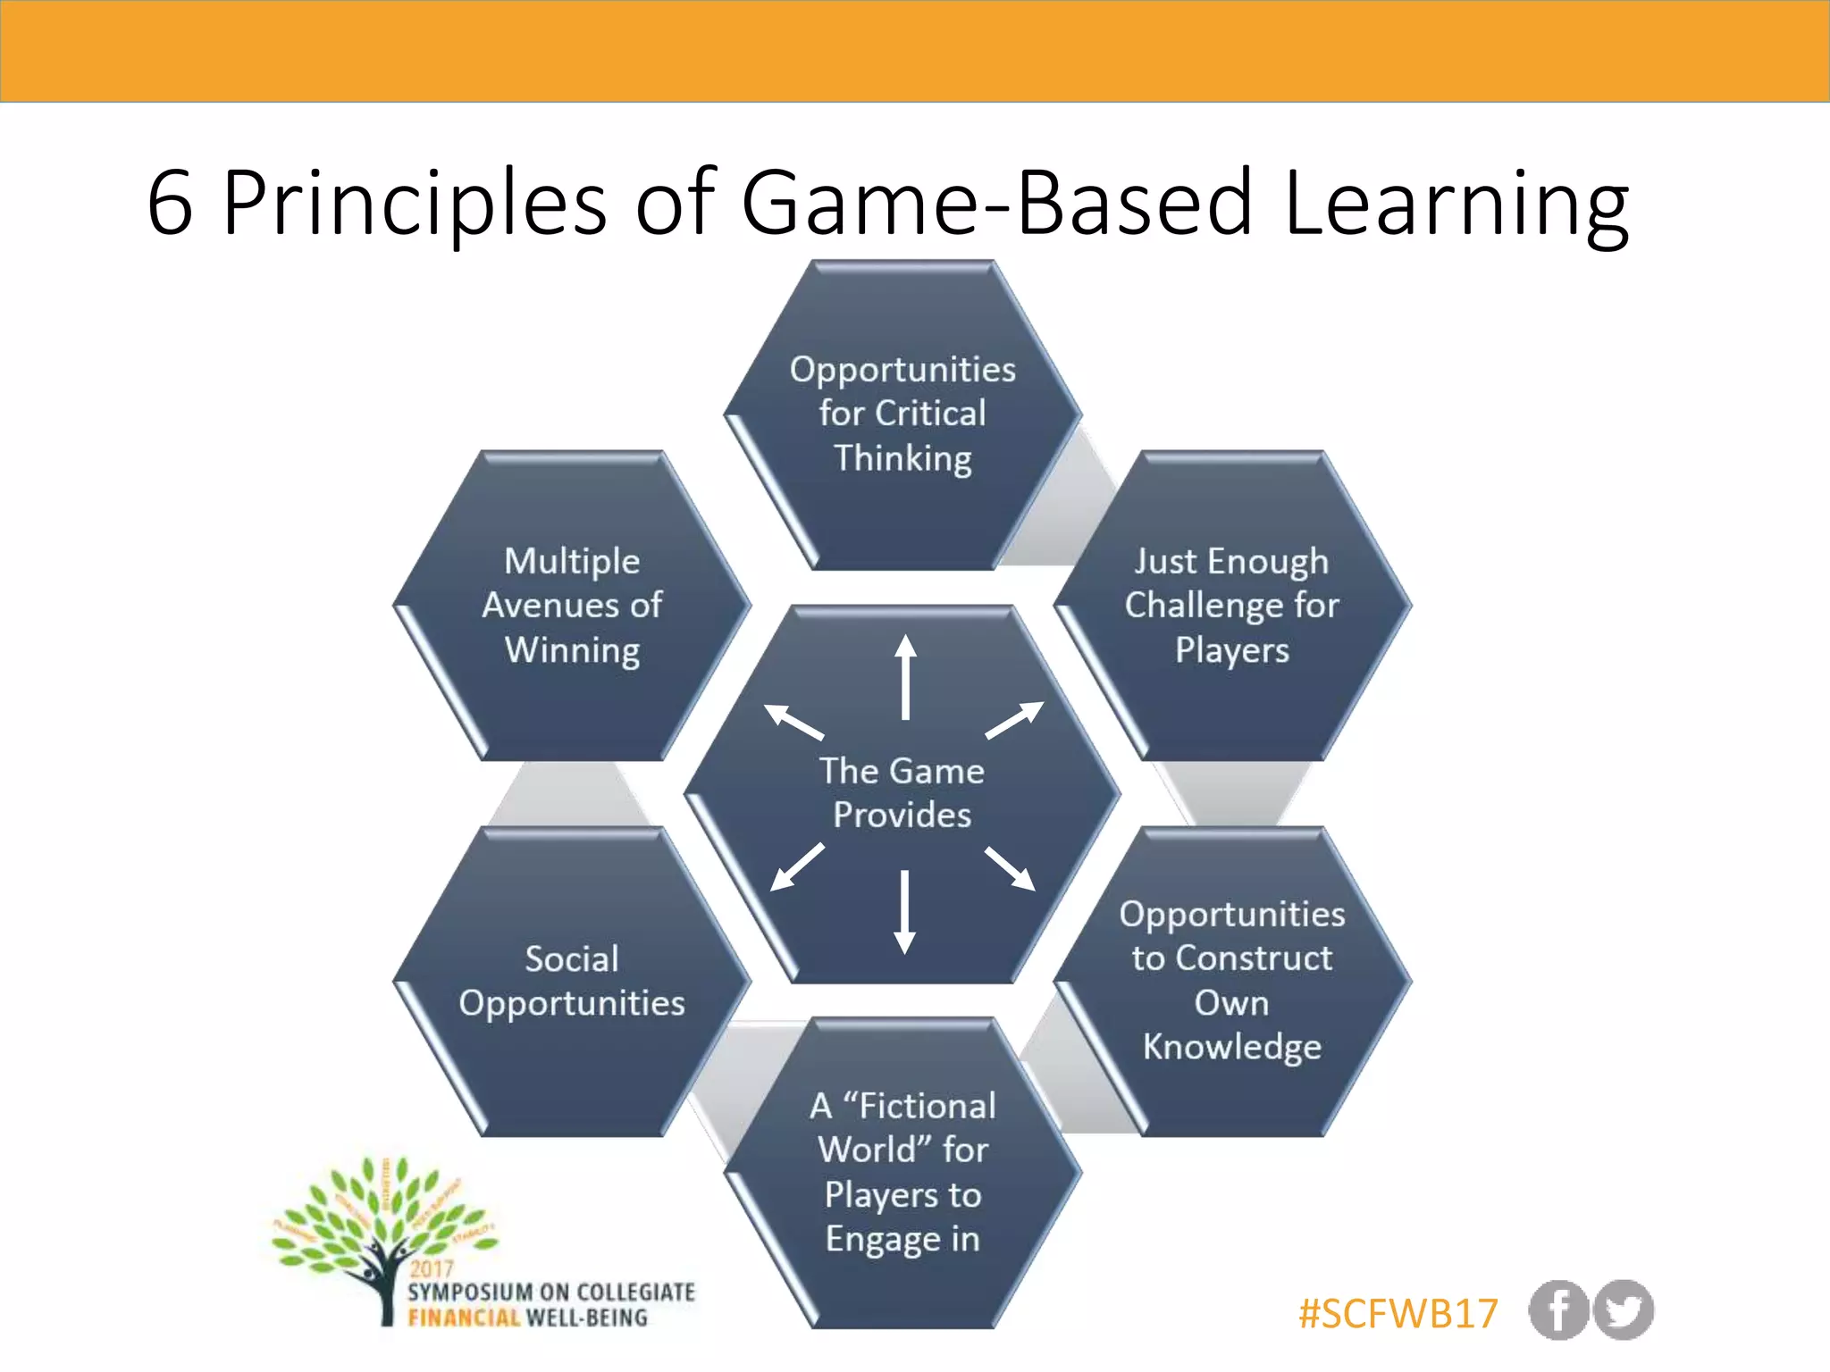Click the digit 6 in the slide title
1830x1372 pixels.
click(170, 204)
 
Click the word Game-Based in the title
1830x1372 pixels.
click(996, 204)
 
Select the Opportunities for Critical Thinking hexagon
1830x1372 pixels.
click(902, 414)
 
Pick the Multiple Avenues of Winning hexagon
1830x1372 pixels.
click(572, 606)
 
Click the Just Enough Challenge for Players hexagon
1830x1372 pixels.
click(1231, 606)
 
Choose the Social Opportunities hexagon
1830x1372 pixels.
click(572, 981)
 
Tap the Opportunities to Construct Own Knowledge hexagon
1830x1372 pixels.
click(1231, 981)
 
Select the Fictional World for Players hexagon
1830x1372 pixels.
click(902, 1172)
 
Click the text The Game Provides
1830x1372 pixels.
click(902, 792)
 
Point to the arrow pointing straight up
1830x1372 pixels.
click(905, 676)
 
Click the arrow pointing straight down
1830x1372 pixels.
click(904, 911)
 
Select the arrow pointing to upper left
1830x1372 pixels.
click(793, 722)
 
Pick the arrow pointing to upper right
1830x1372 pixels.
click(1014, 720)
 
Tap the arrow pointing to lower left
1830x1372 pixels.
click(797, 866)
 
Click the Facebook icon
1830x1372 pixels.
click(1557, 1310)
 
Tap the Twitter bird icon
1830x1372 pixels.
click(1624, 1310)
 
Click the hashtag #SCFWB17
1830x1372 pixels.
click(1398, 1313)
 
